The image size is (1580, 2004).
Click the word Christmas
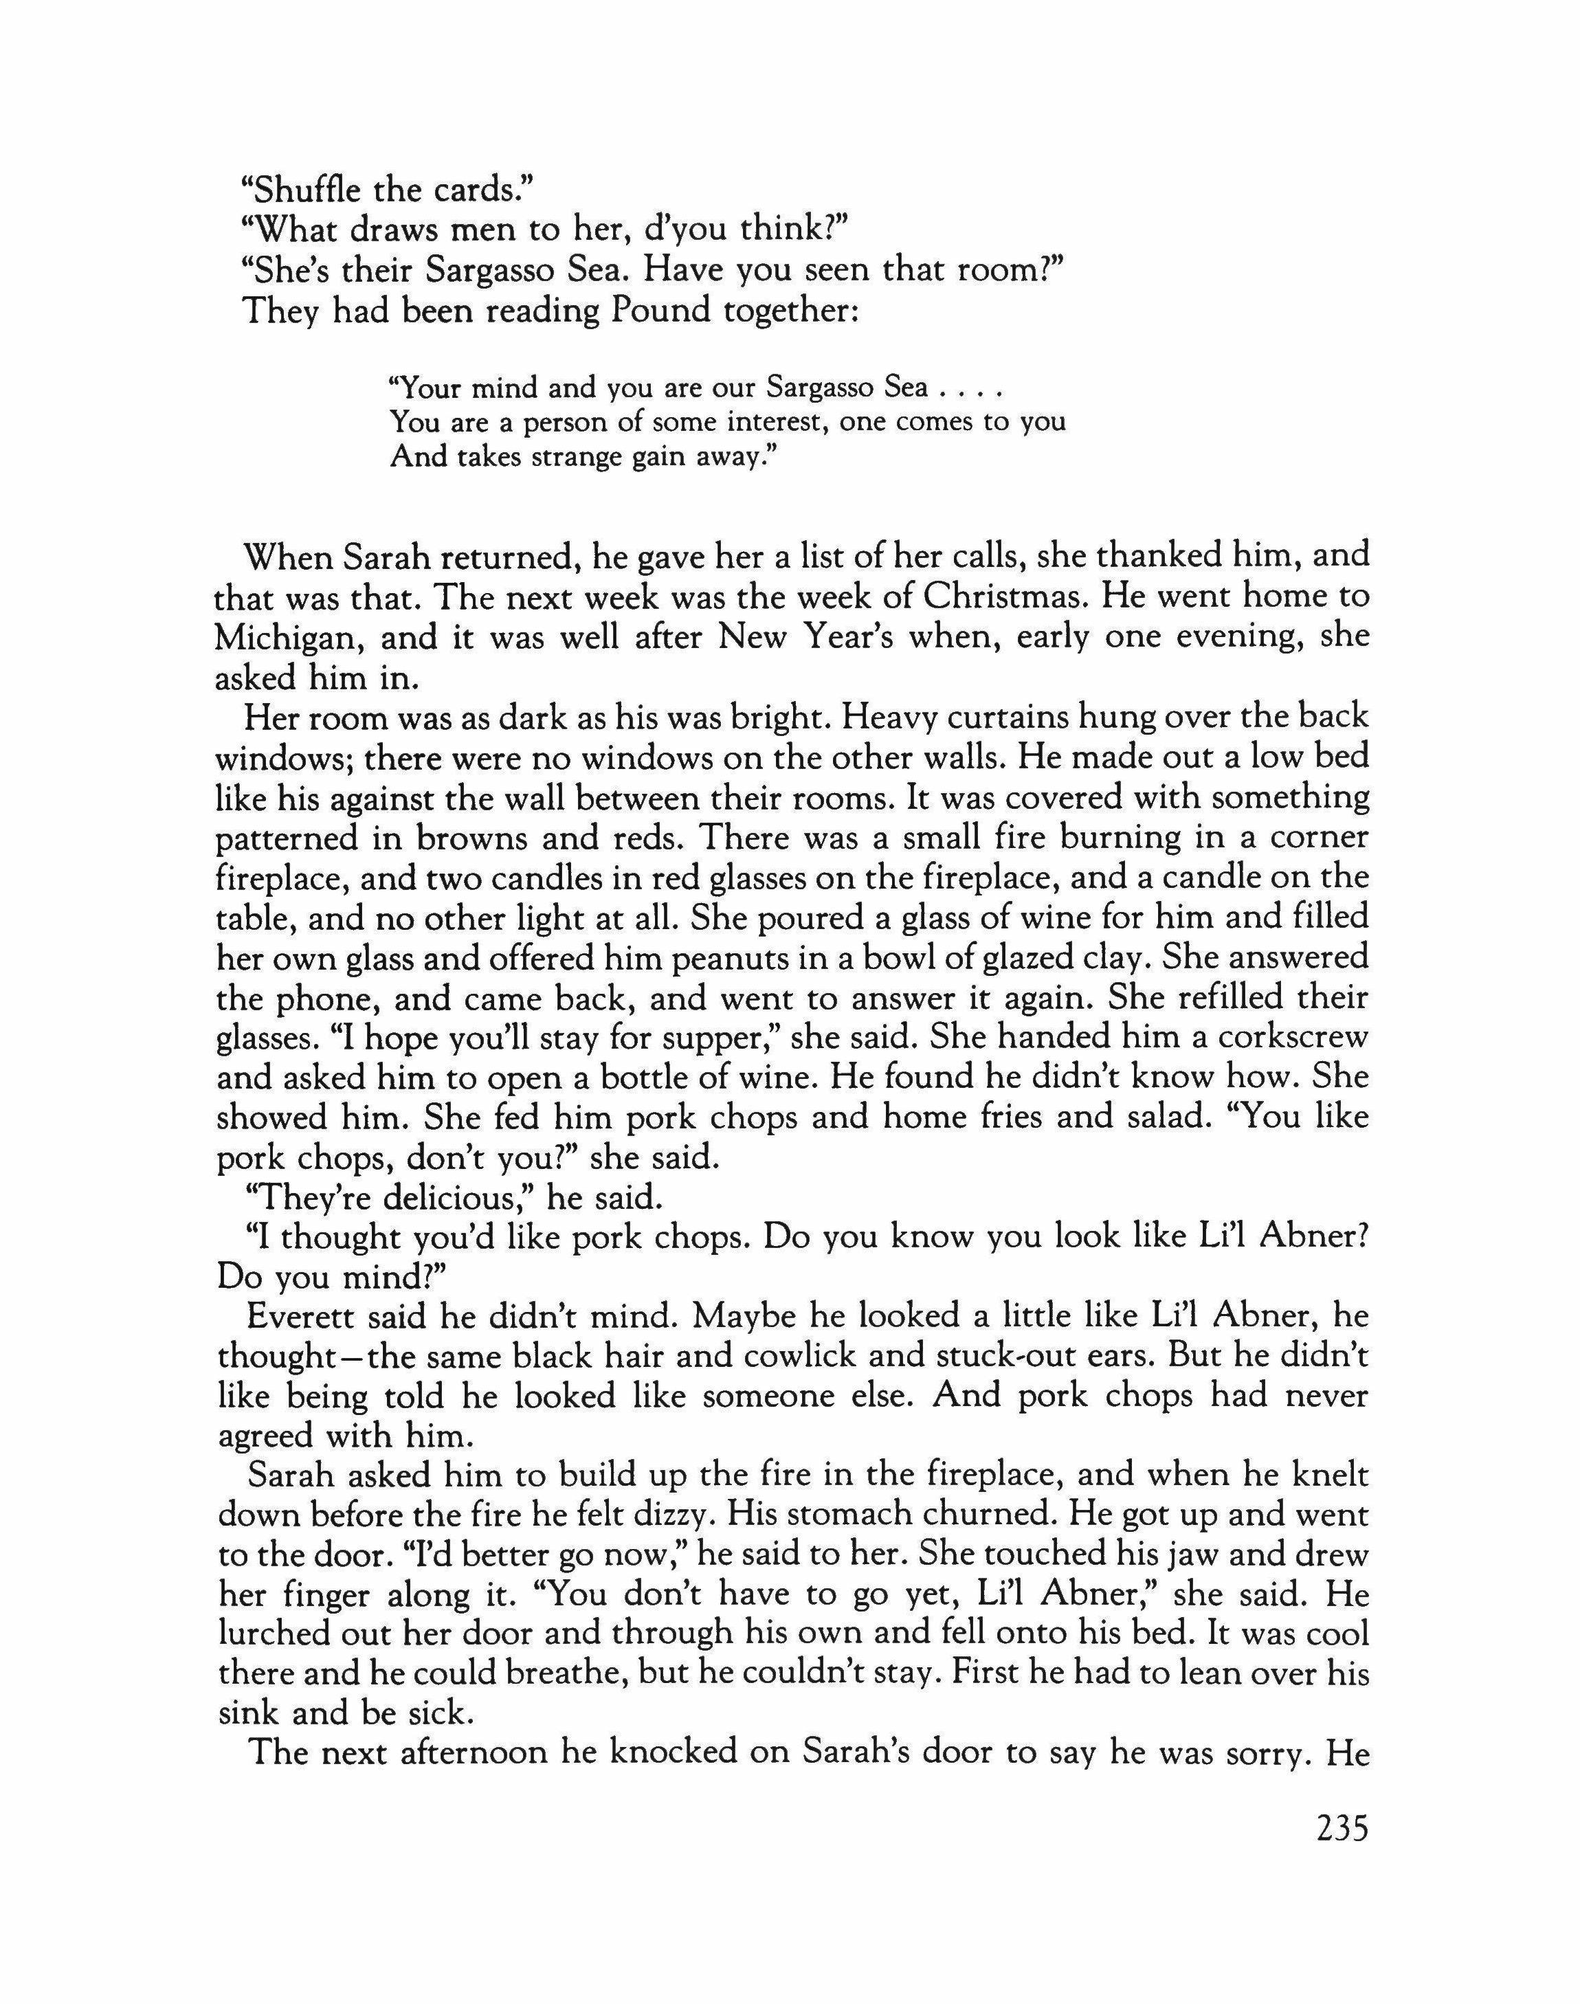1019,596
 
